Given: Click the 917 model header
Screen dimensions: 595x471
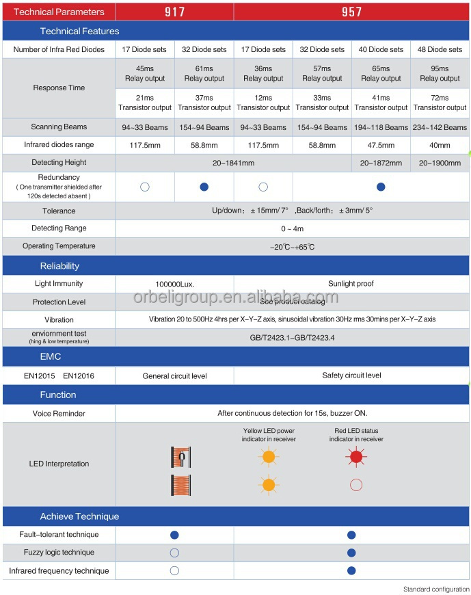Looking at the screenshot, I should click(174, 12).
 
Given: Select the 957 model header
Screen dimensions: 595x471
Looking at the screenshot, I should click(351, 12).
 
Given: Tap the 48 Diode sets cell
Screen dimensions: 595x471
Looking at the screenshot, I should click(440, 49).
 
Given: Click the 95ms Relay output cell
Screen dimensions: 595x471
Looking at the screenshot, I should click(440, 73).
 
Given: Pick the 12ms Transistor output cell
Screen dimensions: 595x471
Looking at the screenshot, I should click(263, 103).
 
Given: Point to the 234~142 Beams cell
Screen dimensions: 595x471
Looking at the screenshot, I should click(440, 127).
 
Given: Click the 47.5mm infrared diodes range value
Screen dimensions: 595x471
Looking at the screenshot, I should click(381, 145).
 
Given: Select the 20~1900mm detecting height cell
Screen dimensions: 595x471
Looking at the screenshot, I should click(440, 163).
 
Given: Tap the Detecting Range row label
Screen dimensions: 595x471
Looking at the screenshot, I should click(59, 228).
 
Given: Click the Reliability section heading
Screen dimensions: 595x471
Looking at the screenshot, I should click(60, 266).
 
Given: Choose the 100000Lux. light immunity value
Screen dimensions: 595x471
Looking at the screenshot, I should click(174, 284).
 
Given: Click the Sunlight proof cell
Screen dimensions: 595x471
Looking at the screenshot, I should click(351, 283).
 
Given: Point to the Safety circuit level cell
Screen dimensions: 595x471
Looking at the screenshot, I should click(351, 375).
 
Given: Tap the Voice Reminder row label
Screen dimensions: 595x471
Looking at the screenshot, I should click(59, 414).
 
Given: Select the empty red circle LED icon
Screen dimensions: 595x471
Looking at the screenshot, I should click(355, 485).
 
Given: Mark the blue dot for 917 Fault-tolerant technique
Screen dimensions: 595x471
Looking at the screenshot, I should click(174, 535).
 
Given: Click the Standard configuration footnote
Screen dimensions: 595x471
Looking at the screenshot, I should click(435, 589).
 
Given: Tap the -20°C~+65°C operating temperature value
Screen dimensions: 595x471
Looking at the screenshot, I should click(292, 246).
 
